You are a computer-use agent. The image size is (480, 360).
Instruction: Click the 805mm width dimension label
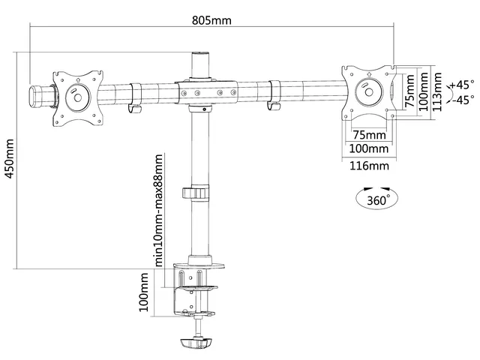point(211,20)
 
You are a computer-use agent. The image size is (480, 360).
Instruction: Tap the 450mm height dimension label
point(10,159)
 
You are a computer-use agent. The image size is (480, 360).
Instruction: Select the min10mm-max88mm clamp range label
point(158,210)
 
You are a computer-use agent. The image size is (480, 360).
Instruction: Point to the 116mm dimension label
point(369,166)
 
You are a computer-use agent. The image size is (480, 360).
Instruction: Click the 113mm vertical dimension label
point(437,91)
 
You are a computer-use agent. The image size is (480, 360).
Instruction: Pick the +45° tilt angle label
point(462,84)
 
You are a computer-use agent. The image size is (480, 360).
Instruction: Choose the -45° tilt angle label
point(463,100)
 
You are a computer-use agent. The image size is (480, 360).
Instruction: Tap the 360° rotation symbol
point(376,198)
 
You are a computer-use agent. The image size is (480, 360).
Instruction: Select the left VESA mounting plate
point(78,98)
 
